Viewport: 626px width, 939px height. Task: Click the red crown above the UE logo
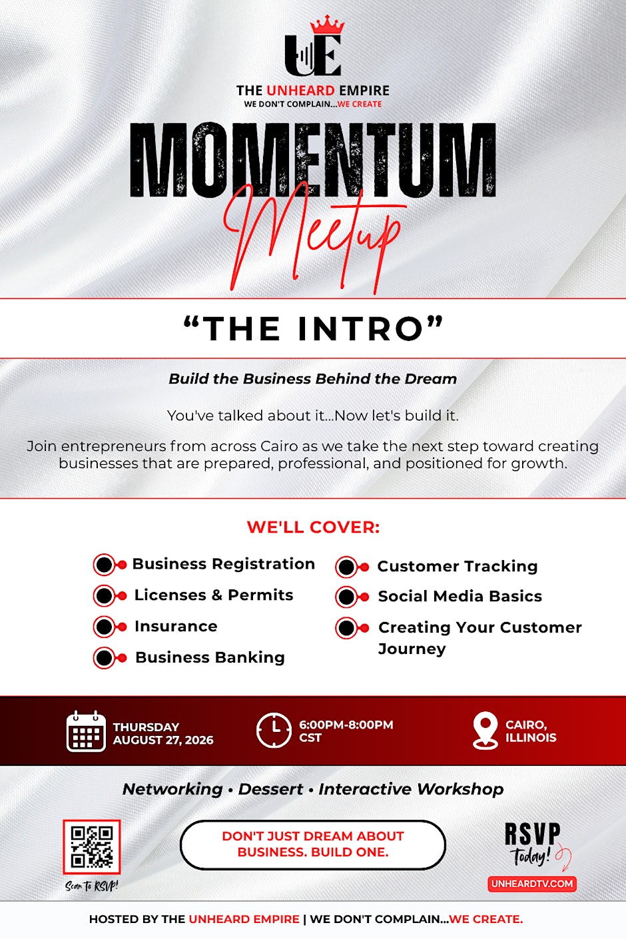pos(327,25)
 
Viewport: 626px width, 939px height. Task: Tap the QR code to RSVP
pos(92,847)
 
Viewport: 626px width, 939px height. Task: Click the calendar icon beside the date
pos(86,731)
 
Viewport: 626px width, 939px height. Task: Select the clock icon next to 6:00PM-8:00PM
pos(274,731)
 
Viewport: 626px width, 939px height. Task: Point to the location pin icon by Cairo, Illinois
pos(485,731)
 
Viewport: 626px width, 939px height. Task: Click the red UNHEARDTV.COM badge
pos(532,884)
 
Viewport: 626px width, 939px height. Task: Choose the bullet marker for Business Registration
pos(110,565)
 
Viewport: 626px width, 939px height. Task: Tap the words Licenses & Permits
pos(214,595)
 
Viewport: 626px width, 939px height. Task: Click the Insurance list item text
pos(176,626)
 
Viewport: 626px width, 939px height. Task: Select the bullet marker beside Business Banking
pos(110,658)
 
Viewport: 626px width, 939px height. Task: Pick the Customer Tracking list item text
pos(458,566)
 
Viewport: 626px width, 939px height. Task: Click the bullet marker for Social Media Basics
pos(352,597)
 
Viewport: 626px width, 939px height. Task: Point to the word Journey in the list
pos(412,649)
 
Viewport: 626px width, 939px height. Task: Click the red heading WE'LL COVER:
pos(313,527)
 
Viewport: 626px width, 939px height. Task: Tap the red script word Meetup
pos(314,237)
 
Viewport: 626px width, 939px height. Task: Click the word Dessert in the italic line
pos(271,789)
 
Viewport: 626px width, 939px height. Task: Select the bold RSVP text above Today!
pos(533,834)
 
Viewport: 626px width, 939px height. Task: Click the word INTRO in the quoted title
pos(360,329)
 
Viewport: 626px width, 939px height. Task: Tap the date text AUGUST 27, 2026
pos(163,740)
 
